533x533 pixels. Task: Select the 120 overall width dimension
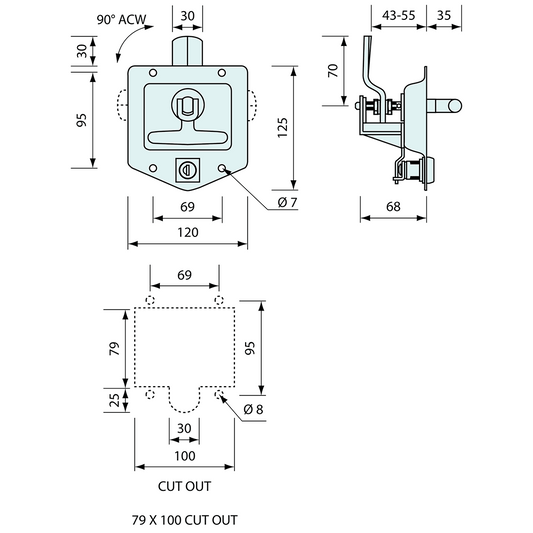187,232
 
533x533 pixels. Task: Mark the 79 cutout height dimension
114,348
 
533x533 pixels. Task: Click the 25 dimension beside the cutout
114,400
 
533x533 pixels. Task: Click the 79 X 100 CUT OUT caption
186,521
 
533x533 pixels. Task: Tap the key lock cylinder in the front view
184,170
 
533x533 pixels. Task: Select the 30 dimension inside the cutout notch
184,427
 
